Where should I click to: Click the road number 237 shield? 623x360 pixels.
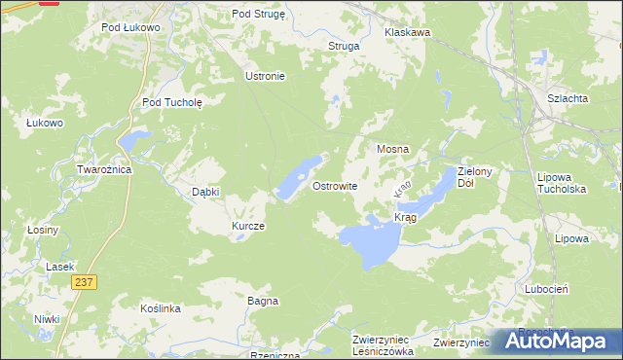click(x=84, y=281)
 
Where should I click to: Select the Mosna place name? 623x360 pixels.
click(x=392, y=150)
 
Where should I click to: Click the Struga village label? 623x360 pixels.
click(x=344, y=46)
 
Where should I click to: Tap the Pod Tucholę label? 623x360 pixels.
click(x=171, y=101)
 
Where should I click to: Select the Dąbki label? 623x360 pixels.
click(x=205, y=192)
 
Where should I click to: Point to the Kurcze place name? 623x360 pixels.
click(x=247, y=226)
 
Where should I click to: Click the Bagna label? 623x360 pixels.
click(x=263, y=301)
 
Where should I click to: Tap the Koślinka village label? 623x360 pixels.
click(x=161, y=308)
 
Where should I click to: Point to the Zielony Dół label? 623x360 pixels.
click(x=478, y=176)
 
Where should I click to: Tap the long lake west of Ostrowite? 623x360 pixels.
click(x=298, y=177)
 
